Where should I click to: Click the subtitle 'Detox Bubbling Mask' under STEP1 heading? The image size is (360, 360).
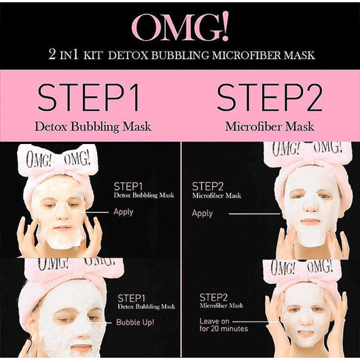click(x=93, y=126)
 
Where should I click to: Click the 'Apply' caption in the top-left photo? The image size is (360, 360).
click(x=123, y=211)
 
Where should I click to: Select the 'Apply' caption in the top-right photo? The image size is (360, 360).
click(x=202, y=213)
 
